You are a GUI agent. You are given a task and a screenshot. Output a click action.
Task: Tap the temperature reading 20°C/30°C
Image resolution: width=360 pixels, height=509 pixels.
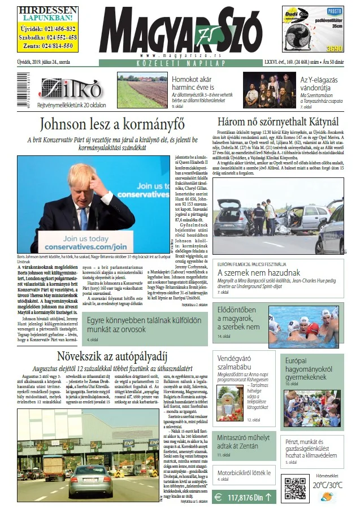pyautogui.click(x=328, y=485)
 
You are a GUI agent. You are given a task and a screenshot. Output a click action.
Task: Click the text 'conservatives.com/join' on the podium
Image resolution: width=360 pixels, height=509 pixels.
pyautogui.click(x=89, y=247)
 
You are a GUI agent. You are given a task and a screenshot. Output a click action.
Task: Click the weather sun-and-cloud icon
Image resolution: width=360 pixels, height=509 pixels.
pyautogui.click(x=327, y=497)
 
